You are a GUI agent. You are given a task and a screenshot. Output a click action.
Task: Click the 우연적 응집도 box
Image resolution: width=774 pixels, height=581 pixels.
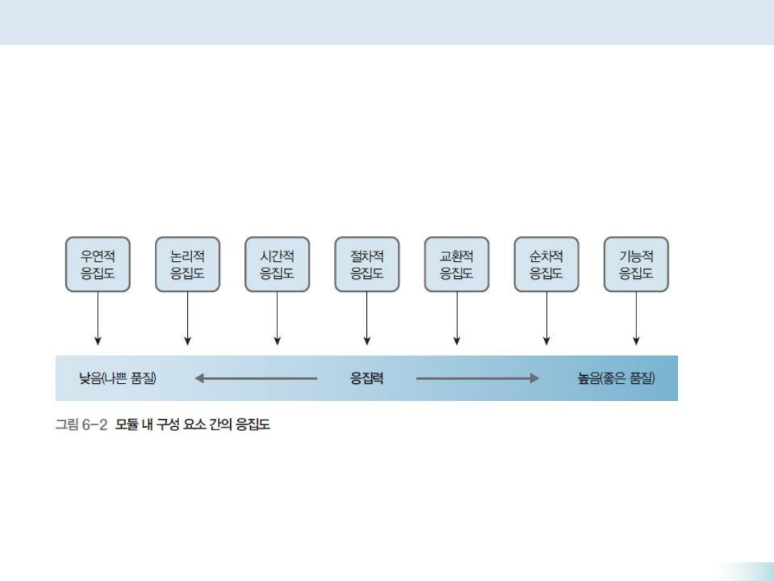pos(97,264)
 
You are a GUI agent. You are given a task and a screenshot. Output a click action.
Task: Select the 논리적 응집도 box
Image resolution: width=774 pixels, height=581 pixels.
pos(187,264)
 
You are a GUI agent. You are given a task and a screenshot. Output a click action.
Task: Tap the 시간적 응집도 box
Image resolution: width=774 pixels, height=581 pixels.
pos(277,264)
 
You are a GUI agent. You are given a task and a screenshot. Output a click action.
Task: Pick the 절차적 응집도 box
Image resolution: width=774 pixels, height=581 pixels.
pos(367,264)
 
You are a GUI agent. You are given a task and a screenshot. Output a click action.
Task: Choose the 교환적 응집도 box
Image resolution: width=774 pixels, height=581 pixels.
pos(457,264)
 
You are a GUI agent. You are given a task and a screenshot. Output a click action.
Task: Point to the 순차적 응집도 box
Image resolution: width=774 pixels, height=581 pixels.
pos(546,264)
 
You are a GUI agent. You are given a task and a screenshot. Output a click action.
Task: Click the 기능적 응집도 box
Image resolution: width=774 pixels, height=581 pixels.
pos(636,264)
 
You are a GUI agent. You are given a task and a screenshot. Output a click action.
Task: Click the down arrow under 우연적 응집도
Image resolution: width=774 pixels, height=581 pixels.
pos(97,318)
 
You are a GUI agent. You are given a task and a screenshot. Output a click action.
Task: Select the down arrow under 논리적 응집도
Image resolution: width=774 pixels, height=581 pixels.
pos(187,318)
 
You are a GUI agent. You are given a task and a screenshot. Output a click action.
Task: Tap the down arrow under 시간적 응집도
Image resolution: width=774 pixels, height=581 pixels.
pos(277,318)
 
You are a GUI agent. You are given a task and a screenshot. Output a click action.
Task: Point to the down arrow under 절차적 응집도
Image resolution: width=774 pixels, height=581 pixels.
pos(367,318)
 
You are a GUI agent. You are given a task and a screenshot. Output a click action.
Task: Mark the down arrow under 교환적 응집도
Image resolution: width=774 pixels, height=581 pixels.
pos(457,318)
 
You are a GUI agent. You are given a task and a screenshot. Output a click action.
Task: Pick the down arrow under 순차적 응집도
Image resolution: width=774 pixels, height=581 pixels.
pos(546,318)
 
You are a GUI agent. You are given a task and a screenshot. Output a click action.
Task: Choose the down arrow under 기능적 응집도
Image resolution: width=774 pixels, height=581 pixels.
pos(636,318)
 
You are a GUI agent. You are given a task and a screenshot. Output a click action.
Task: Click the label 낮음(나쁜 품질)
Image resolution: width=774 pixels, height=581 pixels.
pos(118,378)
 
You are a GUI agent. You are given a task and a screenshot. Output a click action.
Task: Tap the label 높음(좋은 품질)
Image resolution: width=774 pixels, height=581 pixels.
pos(616,378)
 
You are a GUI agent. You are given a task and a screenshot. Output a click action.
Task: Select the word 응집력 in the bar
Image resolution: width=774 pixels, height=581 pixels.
pos(366,378)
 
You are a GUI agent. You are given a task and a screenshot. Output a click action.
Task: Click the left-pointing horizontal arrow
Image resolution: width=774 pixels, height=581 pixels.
pos(256,378)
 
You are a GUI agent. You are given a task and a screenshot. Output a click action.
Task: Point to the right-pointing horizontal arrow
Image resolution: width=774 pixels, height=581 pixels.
pos(477,378)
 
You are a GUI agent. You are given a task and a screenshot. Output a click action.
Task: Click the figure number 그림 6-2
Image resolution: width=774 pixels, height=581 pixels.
pos(82,425)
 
